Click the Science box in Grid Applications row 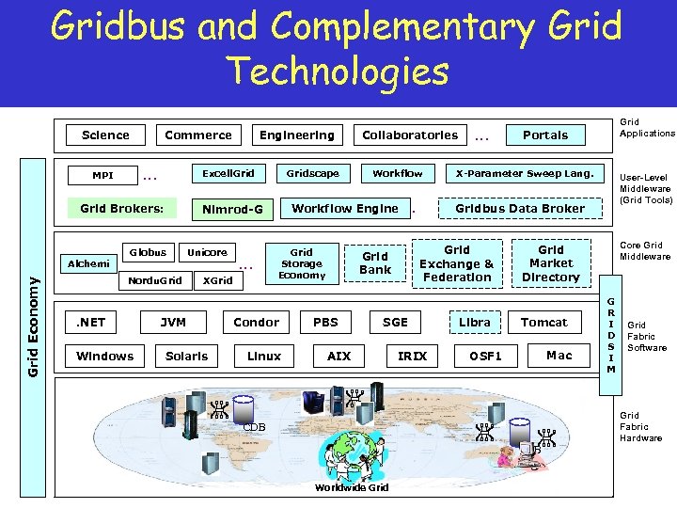(x=105, y=135)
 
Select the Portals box (x=545, y=135)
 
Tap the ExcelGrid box (x=228, y=173)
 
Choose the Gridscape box (x=312, y=173)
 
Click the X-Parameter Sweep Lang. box (x=524, y=173)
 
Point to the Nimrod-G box (x=232, y=209)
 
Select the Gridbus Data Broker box (x=520, y=209)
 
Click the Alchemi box (x=89, y=264)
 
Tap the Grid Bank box (x=375, y=263)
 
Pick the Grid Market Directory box (x=551, y=263)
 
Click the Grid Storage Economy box (x=301, y=263)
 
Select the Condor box (x=257, y=322)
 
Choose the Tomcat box (x=544, y=322)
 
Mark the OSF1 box (x=485, y=356)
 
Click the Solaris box (x=187, y=356)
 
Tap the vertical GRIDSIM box (x=610, y=325)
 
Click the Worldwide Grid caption (x=352, y=487)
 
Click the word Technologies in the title (x=338, y=71)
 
